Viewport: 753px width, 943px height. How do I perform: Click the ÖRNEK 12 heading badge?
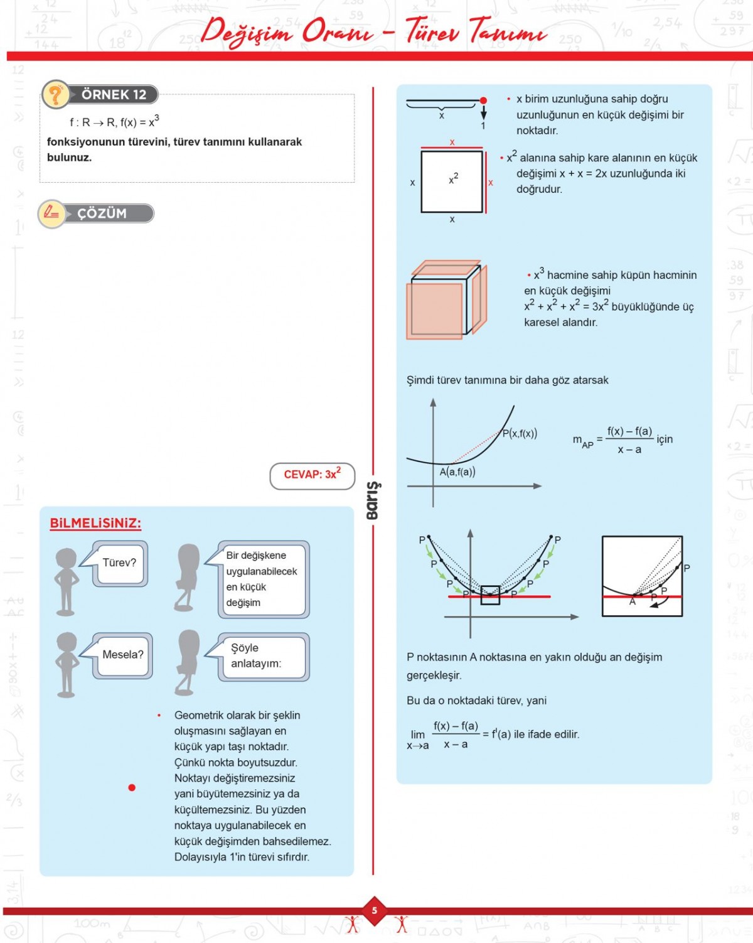(113, 95)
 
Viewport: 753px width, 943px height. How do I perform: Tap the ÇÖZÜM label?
(102, 213)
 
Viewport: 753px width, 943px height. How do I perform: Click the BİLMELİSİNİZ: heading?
(95, 524)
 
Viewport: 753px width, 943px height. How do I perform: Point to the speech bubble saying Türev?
(119, 563)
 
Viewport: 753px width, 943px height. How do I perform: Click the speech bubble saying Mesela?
(122, 655)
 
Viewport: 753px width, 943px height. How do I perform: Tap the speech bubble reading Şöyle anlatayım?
(262, 656)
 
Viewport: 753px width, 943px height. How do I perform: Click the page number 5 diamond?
(375, 910)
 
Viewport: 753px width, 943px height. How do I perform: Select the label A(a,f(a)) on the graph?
(457, 472)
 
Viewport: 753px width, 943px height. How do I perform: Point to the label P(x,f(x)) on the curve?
(520, 433)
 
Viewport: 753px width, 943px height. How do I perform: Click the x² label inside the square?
(453, 180)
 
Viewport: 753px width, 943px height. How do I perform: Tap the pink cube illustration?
(446, 300)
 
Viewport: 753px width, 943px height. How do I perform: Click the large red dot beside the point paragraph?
(132, 787)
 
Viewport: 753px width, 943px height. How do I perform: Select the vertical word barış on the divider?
(373, 500)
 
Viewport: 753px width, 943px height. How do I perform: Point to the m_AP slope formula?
(621, 439)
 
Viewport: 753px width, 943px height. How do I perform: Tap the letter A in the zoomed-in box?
(633, 602)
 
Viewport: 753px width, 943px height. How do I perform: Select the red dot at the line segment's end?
(483, 100)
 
